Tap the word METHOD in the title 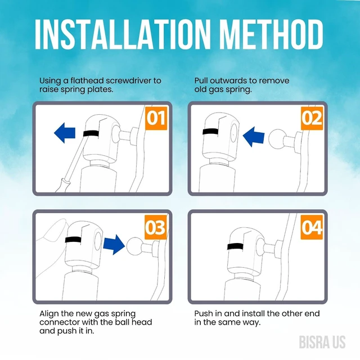[271, 34]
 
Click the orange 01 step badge [156, 118]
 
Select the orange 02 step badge [312, 118]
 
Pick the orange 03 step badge [156, 227]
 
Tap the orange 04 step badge [312, 227]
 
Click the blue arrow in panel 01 [65, 133]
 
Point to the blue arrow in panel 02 [254, 137]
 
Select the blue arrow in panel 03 [114, 245]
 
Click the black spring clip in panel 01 [91, 133]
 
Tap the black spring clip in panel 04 [236, 246]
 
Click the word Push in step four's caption [202, 313]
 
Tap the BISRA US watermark [322, 342]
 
